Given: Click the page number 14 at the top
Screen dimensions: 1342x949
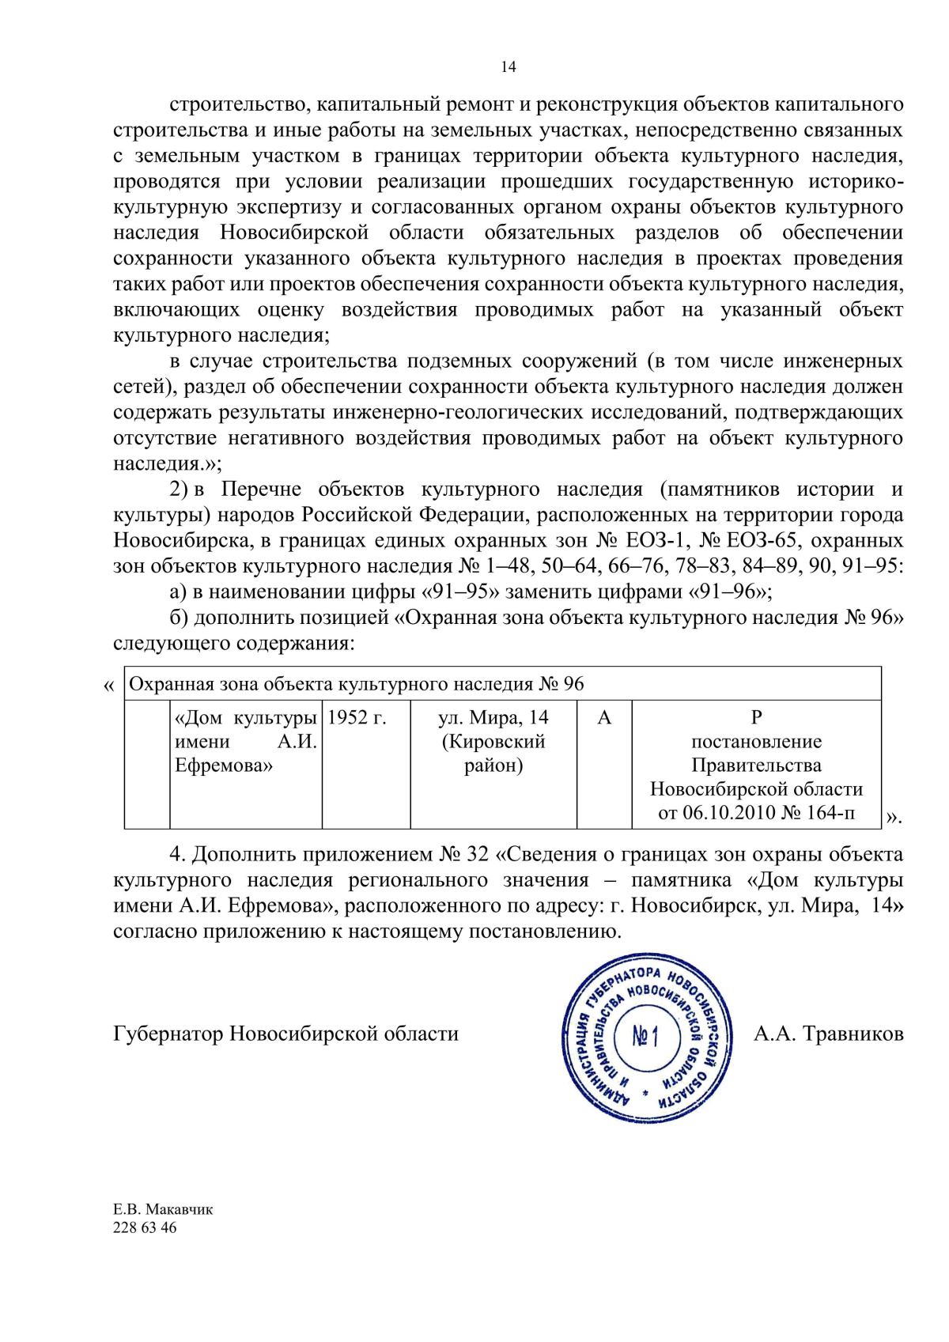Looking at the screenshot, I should click(x=508, y=67).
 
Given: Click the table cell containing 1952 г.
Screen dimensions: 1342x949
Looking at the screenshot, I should click(x=357, y=718).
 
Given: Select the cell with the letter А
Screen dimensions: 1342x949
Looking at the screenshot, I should click(x=604, y=718).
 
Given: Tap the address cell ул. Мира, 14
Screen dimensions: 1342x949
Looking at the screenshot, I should click(x=493, y=718).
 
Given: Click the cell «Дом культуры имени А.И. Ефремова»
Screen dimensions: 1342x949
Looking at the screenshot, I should click(x=245, y=742).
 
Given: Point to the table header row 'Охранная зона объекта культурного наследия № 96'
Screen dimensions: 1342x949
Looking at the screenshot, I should click(x=356, y=684).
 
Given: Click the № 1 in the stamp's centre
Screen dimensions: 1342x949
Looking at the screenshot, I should click(x=645, y=1036).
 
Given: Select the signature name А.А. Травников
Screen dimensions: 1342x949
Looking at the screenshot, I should click(x=828, y=1034).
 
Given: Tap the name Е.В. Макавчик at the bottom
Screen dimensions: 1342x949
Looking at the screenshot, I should click(x=163, y=1209).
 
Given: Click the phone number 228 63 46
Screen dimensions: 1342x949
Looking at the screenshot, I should click(x=145, y=1228).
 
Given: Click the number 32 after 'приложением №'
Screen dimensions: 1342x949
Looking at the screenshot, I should click(x=478, y=855).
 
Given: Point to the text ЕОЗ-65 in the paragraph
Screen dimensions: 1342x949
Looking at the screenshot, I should click(x=761, y=541).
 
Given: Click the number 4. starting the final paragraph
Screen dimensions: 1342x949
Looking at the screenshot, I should click(x=177, y=855).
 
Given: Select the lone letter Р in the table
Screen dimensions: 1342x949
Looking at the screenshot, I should click(x=756, y=718).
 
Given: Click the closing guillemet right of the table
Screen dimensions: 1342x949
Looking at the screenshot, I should click(x=892, y=818).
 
